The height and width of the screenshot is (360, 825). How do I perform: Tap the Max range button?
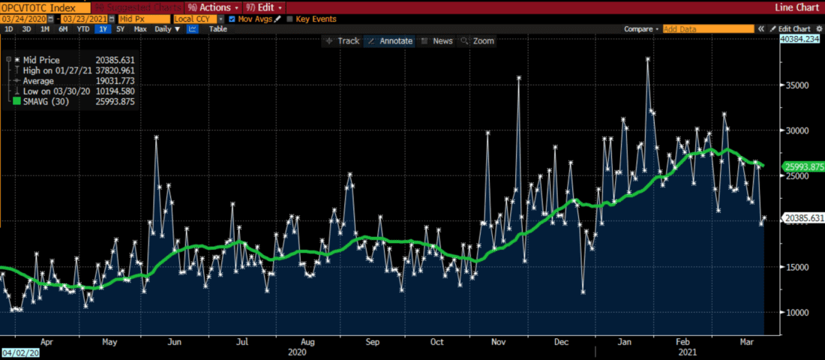(x=140, y=29)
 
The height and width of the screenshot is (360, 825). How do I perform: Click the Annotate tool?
(x=389, y=41)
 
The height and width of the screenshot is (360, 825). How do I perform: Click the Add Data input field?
(x=708, y=29)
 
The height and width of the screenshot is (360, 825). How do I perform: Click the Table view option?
(x=217, y=29)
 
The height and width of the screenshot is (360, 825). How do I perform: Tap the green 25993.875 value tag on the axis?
(x=802, y=166)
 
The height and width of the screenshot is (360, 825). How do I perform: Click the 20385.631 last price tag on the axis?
(x=802, y=218)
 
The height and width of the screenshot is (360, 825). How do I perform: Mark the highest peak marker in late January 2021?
(x=647, y=59)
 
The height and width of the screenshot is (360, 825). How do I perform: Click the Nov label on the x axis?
(x=498, y=341)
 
